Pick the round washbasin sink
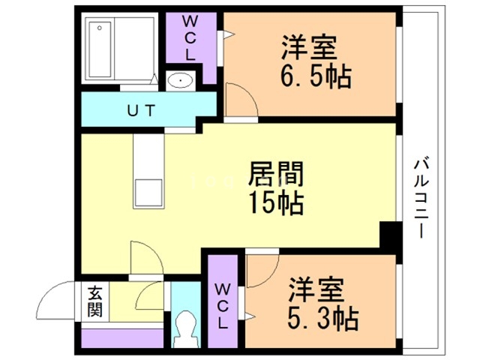(x=181, y=80)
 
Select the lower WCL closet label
(x=223, y=306)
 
